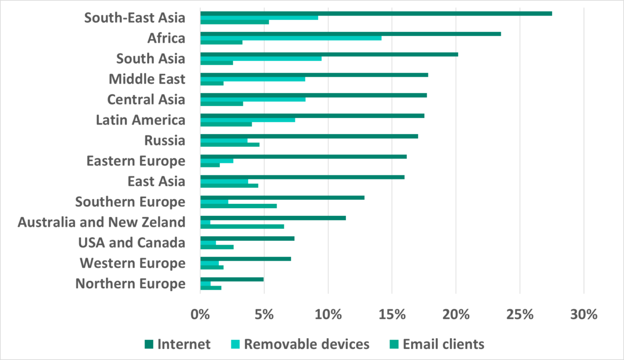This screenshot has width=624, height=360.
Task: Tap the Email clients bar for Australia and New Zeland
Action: (242, 226)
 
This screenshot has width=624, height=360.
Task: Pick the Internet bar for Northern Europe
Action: (231, 279)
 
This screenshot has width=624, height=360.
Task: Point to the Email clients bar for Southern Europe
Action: (238, 206)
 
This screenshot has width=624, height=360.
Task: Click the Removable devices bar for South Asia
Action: (261, 58)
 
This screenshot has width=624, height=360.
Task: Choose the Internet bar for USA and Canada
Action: (247, 238)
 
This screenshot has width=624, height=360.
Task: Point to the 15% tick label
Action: (392, 315)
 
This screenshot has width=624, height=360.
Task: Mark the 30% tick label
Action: (583, 315)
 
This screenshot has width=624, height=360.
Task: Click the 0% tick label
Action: (200, 315)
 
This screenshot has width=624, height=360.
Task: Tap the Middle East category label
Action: (147, 79)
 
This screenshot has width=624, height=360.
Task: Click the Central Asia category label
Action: (146, 99)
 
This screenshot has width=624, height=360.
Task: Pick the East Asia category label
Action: (156, 182)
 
